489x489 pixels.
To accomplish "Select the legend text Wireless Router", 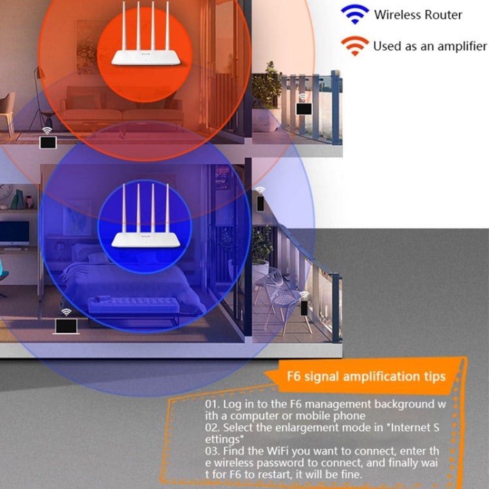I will [418, 14].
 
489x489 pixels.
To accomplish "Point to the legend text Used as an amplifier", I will [430, 46].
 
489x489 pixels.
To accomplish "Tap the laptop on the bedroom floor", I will [66, 325].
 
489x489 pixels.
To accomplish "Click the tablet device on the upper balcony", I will [304, 108].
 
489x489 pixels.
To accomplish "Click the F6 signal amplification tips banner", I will [366, 377].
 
